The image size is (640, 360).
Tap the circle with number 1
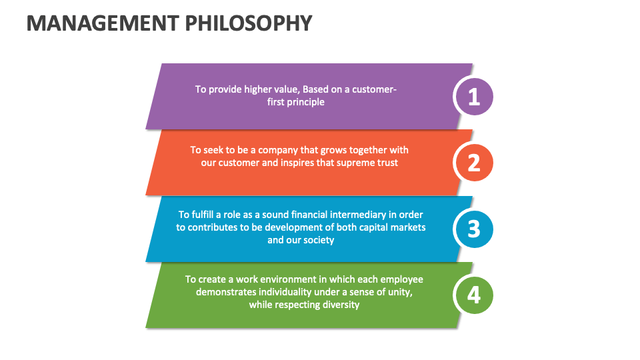[x=473, y=97]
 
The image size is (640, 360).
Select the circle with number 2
[x=473, y=163]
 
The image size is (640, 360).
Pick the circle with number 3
[x=473, y=229]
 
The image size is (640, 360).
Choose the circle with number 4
[x=473, y=295]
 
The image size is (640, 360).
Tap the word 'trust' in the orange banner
[x=386, y=163]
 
